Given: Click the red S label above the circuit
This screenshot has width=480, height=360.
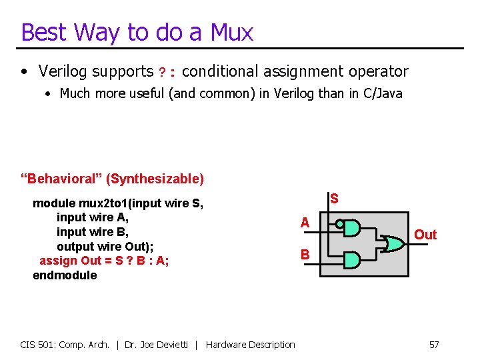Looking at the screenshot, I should (334, 199).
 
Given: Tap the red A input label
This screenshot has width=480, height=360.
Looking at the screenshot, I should (305, 223).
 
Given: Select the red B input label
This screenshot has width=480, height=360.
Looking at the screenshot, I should (305, 254).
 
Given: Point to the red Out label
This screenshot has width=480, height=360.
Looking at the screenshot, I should (425, 235).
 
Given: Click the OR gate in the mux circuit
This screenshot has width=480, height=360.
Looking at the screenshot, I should (394, 244).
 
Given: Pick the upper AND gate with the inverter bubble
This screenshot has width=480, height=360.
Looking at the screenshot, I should (352, 227).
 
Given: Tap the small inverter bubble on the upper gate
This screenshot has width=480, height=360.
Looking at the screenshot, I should (340, 225).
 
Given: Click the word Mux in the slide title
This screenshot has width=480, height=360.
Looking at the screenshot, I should (231, 32).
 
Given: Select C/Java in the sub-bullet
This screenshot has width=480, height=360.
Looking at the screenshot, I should (381, 93).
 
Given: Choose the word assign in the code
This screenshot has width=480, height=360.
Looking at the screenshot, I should (59, 261).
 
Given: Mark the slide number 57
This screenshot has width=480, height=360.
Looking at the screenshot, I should (433, 345).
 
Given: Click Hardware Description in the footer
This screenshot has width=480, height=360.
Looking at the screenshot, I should (251, 345).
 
